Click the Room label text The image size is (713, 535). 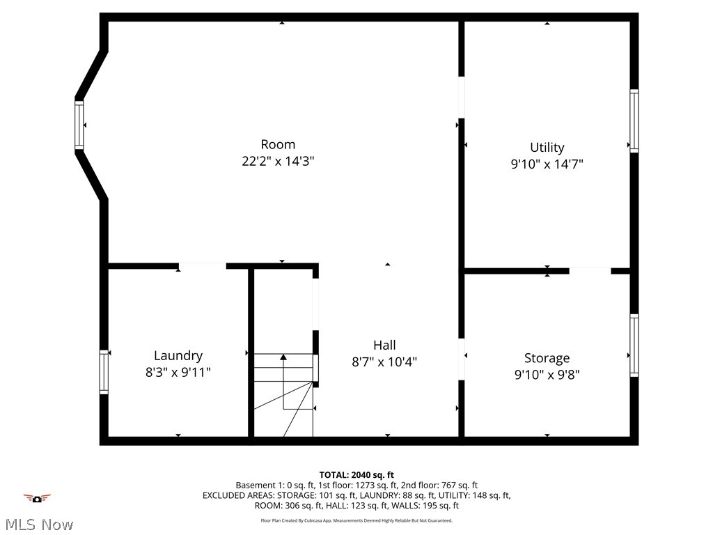pos(278,144)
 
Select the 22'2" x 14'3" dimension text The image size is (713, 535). pos(278,161)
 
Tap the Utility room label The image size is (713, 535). pos(547,147)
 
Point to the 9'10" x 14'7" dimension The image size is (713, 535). pos(547,164)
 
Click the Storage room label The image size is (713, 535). pos(547,358)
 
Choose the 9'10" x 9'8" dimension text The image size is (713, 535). pos(547,375)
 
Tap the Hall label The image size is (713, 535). pos(384,345)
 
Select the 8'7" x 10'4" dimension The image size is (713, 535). pos(384,362)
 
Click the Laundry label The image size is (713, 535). pos(178,355)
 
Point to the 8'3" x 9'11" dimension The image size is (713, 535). pos(178,372)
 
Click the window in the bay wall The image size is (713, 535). pos(79,125)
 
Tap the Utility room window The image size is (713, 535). pos(634,121)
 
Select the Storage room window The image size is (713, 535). pos(634,346)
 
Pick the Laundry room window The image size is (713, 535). pos(104,372)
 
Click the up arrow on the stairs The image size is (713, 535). pos(283,358)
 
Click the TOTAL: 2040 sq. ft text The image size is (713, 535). pos(356,475)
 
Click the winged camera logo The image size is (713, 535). pos(37,498)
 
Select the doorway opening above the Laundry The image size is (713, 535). pos(202,265)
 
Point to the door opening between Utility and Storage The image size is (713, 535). pos(590,270)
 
